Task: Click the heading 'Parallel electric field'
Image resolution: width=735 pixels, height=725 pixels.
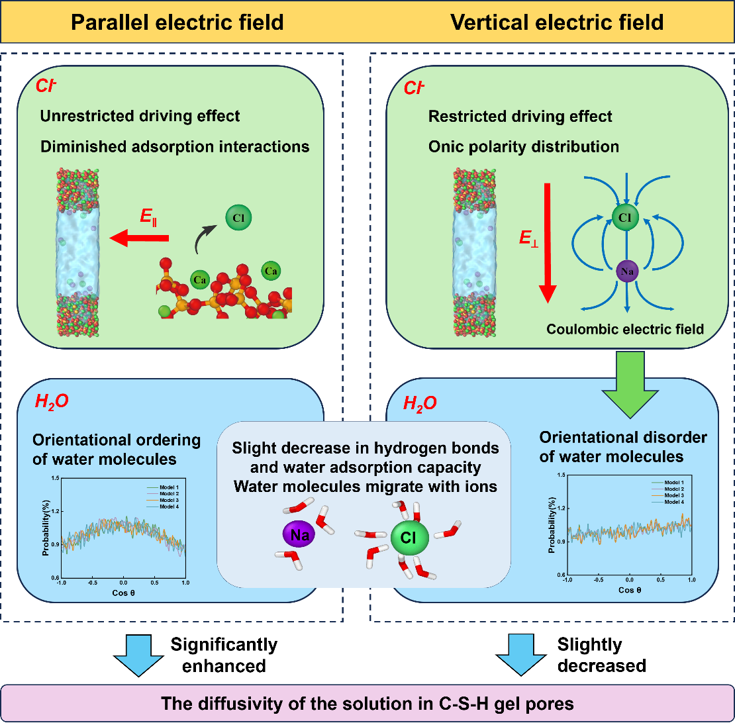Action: (177, 23)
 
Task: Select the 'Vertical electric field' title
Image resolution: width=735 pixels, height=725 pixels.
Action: (557, 23)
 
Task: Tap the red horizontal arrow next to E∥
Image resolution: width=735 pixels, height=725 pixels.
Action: (140, 238)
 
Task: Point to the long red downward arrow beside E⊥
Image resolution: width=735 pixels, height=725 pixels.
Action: (548, 242)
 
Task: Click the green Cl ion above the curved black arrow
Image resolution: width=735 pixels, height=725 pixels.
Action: (238, 218)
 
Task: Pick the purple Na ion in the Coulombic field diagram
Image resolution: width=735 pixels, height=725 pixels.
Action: (626, 271)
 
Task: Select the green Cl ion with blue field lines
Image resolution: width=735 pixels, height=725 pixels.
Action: (624, 218)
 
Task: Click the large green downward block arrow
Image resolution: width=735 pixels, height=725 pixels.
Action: (629, 386)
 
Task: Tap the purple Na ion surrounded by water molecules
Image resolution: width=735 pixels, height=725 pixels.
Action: (299, 535)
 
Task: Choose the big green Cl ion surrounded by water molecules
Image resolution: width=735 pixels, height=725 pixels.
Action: (409, 537)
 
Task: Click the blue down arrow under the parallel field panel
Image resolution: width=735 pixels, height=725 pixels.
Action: (139, 655)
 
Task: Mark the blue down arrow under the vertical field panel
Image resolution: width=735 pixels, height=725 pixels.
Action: (521, 655)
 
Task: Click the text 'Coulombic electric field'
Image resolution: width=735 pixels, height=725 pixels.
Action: (624, 329)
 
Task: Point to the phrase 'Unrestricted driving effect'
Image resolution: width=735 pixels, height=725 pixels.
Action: (140, 116)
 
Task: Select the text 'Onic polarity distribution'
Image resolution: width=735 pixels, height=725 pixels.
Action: (523, 146)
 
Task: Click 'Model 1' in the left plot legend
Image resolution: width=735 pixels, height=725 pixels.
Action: (169, 487)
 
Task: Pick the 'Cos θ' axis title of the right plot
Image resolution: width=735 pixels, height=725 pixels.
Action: (630, 590)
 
